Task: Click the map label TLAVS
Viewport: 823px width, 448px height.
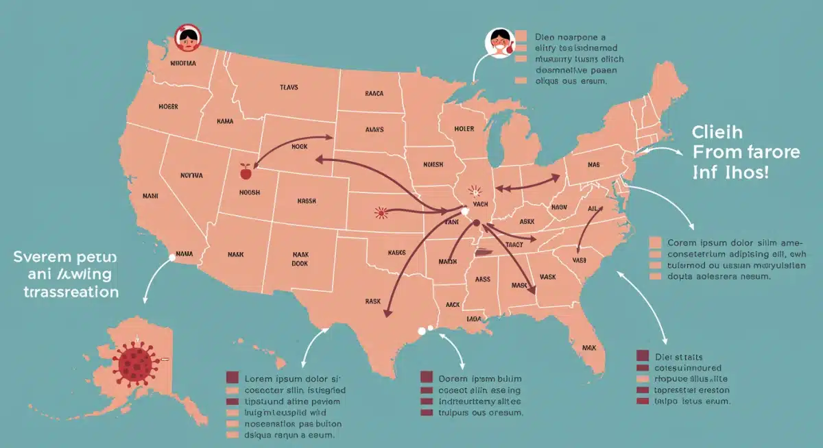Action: tap(289, 88)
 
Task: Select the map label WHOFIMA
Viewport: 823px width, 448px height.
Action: tap(182, 63)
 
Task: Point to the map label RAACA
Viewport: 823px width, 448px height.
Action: tap(374, 93)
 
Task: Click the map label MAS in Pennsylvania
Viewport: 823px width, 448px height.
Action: tap(593, 165)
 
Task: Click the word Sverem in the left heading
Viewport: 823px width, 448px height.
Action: tap(42, 257)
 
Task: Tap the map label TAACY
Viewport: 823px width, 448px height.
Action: tap(514, 244)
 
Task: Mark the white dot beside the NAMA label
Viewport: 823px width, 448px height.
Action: tap(170, 258)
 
